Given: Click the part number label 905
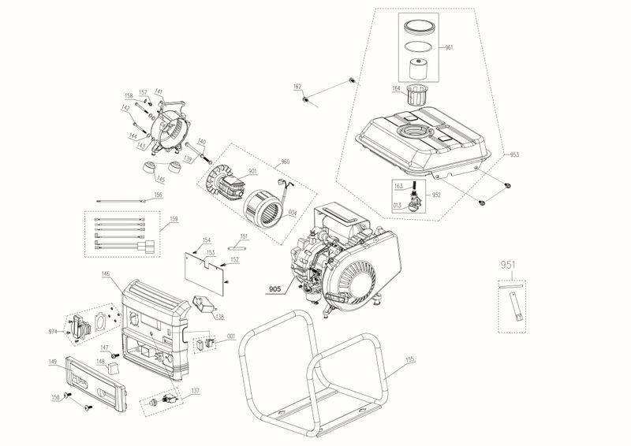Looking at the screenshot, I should [274, 288].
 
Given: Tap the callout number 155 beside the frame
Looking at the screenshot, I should [409, 362].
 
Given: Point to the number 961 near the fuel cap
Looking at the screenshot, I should [449, 48].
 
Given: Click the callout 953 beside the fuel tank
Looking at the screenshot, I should [514, 154].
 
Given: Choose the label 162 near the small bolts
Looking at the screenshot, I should [297, 86].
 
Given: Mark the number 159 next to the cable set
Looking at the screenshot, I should [173, 218].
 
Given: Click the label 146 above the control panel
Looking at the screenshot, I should [106, 274].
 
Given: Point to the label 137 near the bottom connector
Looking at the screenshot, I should [195, 392].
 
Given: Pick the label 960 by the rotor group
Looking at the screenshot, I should [285, 163].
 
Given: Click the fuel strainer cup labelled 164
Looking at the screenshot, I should [415, 97].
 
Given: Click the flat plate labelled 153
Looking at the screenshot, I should [203, 266].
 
